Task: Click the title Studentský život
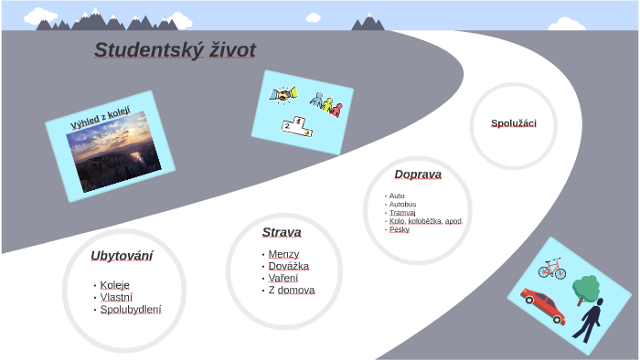tap(175, 50)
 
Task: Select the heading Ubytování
tap(122, 256)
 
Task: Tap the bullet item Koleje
tap(115, 285)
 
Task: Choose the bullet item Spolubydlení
tap(131, 310)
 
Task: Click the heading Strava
tap(282, 232)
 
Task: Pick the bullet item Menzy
tap(283, 254)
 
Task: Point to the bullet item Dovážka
tap(289, 266)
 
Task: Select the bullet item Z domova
tap(292, 291)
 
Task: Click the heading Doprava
tap(418, 175)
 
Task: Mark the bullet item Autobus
tap(402, 204)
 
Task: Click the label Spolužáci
tap(514, 123)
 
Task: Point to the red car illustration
tap(542, 305)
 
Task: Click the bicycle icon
tap(552, 269)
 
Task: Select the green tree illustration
tap(585, 290)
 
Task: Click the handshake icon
tap(282, 94)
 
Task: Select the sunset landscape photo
tap(113, 153)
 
